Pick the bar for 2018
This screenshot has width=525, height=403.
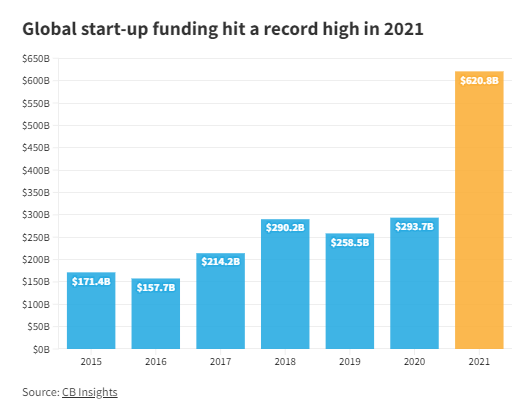285,290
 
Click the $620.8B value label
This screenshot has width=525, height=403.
479,81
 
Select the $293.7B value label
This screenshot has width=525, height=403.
414,227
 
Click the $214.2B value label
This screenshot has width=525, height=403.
221,261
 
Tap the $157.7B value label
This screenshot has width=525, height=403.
156,287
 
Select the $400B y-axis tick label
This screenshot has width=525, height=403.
37,170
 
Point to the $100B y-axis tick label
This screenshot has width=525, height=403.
37,304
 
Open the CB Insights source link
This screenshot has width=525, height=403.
90,392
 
